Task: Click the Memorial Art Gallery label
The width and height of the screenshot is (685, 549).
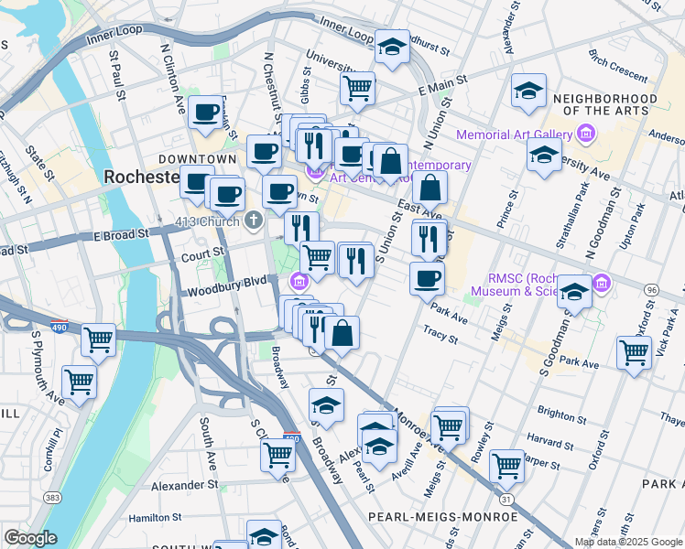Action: [x=514, y=135]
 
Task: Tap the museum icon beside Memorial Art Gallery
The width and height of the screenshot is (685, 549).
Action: [x=586, y=135]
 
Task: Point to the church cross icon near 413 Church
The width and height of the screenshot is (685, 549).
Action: [x=253, y=220]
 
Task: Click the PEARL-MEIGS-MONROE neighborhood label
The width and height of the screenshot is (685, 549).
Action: [x=443, y=517]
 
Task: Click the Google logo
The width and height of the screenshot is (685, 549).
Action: [x=30, y=537]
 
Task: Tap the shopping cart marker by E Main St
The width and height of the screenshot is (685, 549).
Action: [x=357, y=89]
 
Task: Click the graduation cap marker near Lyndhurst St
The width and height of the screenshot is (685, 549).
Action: [x=392, y=48]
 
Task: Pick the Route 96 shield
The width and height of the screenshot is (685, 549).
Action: [x=651, y=289]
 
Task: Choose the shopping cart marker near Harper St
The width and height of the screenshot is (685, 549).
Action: [x=506, y=466]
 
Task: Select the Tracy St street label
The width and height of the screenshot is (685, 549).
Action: [x=441, y=336]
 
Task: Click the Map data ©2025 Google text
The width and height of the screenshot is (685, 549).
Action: [x=627, y=542]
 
